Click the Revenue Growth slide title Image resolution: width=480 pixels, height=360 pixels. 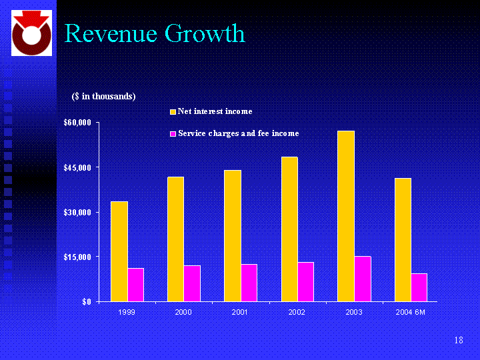coord(155,33)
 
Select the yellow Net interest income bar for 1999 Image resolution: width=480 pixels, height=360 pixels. coord(119,251)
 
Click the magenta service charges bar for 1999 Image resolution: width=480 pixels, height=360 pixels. coord(136,285)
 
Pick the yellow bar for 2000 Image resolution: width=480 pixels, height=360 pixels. coord(176,239)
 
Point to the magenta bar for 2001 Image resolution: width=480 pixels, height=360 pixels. coord(249,283)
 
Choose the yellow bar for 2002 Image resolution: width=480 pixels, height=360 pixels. coord(289,229)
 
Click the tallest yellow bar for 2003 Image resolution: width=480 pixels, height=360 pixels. coord(346,216)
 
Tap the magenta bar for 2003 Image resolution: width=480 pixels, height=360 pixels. coord(363,279)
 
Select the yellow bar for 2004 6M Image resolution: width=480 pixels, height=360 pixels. coord(403,239)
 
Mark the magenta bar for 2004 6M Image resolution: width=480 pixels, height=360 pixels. coord(419,287)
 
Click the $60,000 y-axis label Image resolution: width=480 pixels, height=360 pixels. coord(77,123)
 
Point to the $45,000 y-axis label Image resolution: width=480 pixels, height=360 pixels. coord(77,167)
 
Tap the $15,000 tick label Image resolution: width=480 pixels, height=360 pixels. coord(77,257)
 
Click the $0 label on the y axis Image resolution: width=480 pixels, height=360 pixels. coord(85,302)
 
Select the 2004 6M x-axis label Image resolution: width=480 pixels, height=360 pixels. coord(411,312)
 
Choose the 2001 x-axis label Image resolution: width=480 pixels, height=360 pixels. coord(241,312)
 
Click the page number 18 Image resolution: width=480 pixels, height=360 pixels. coord(459,341)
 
